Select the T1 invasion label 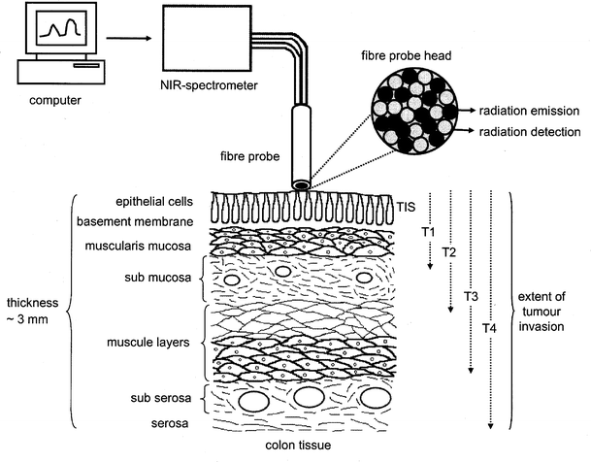pos(429,235)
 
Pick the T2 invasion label pos(448,252)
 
